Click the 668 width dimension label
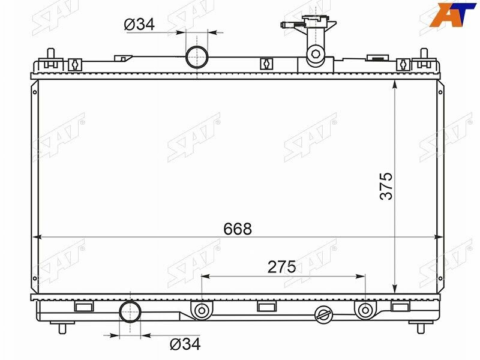coord(238,229)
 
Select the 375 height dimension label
coord(386,186)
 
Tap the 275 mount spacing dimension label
coord(281,267)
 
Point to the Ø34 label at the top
coord(139,24)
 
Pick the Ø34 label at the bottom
coord(185,344)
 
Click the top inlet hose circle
coord(197,57)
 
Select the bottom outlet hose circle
coord(130,311)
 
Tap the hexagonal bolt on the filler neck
coord(316,54)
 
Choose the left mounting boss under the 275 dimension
coord(202,310)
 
